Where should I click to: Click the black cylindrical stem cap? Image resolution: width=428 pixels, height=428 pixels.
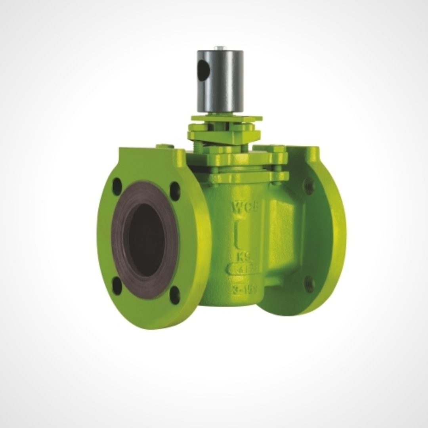coord(220,81)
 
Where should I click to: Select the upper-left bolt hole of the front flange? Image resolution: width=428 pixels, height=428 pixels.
coord(117,186)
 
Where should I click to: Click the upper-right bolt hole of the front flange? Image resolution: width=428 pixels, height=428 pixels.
coord(175,191)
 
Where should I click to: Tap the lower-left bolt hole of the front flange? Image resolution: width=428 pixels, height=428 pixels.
coord(117,285)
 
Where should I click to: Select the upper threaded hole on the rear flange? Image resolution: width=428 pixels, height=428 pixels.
coord(309,185)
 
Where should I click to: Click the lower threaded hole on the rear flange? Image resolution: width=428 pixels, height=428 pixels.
coord(309,284)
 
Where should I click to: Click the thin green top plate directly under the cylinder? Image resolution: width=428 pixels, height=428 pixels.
coord(226,118)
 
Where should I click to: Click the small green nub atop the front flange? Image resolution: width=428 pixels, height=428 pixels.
coord(165,146)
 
